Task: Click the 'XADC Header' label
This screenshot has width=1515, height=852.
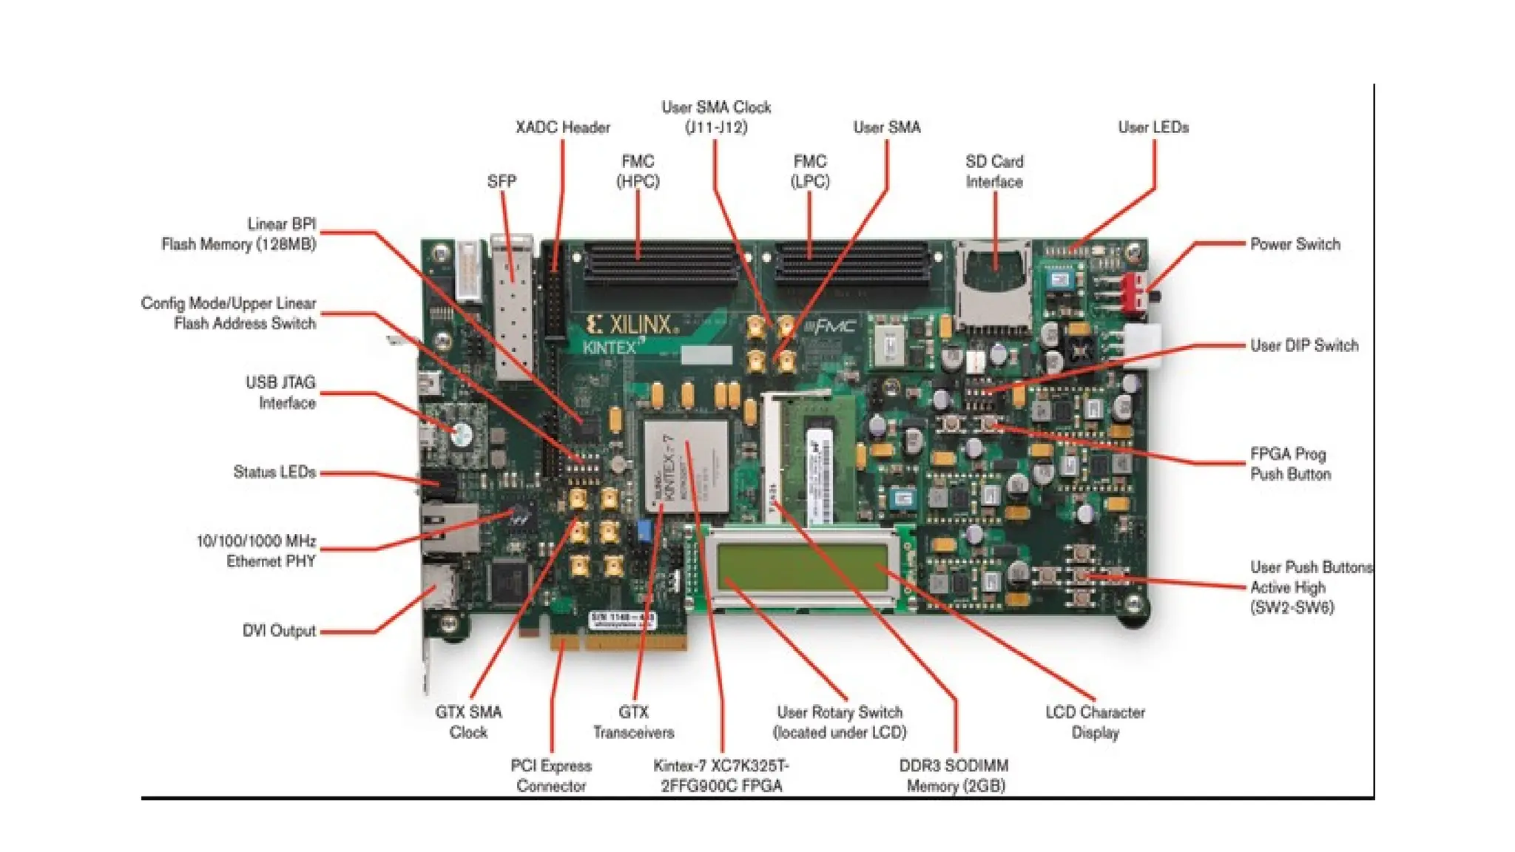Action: pos(562,127)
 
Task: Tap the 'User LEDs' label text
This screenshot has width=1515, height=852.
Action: pos(1153,127)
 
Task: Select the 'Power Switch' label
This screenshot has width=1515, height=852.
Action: pos(1295,244)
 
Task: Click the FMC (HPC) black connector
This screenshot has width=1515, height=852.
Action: pos(661,265)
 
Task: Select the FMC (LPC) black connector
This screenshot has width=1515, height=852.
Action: pos(851,265)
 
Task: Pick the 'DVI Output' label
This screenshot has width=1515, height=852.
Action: pos(279,631)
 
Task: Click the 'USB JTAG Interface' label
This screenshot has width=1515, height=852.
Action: pos(281,393)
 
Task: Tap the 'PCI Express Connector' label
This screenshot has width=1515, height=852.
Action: pos(551,776)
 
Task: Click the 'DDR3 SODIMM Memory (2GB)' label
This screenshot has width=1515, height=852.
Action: pos(954,776)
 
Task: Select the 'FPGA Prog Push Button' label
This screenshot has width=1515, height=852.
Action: pos(1289,464)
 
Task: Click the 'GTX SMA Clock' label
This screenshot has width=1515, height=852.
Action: pos(468,722)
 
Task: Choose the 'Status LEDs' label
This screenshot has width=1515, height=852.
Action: pos(274,472)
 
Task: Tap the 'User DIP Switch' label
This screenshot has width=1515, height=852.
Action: pos(1303,345)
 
